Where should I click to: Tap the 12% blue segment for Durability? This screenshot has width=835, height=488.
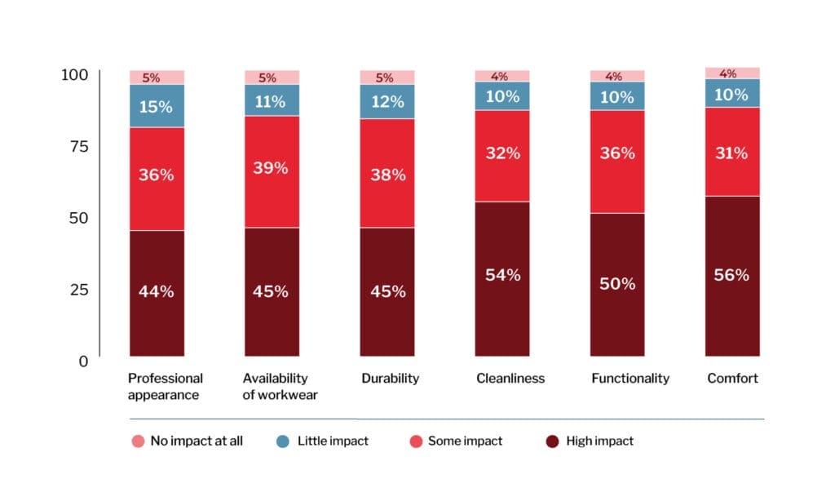(x=387, y=102)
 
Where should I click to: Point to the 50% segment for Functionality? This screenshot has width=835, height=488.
(x=617, y=284)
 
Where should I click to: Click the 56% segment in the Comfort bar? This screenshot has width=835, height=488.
(x=732, y=276)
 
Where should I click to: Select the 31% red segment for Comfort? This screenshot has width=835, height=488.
(x=732, y=152)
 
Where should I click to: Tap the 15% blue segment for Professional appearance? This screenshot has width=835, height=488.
(x=156, y=106)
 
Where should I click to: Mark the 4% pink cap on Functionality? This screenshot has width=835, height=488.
(x=617, y=76)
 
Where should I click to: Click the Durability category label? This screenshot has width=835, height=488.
(x=390, y=379)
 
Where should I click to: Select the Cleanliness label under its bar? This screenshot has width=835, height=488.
(x=510, y=379)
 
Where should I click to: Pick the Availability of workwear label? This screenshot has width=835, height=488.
(x=280, y=387)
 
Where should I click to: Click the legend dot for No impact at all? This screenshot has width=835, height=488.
(x=138, y=441)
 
